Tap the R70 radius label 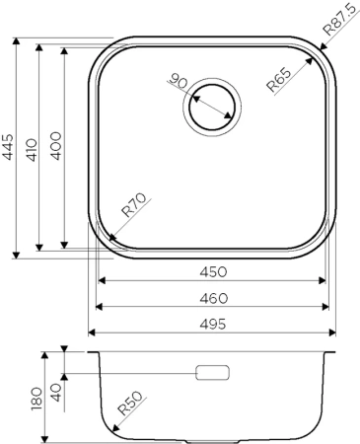click(134, 208)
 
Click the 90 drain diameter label click(179, 81)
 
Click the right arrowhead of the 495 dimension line click(332, 333)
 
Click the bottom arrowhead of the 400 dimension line click(64, 245)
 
